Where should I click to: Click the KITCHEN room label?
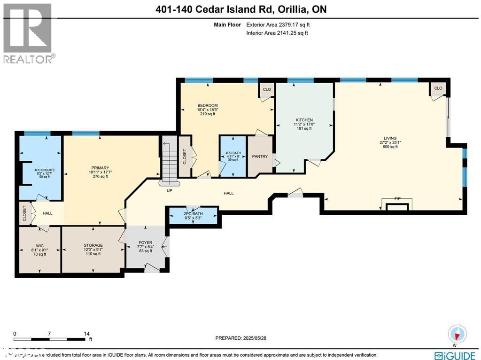pos(304,120)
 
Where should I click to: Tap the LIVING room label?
pos(390,138)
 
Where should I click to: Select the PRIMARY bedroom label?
pos(100,168)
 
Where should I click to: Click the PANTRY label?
pos(259,157)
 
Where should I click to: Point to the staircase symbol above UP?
pos(168,160)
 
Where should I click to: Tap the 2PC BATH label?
pos(194,214)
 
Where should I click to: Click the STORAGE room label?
pos(93,245)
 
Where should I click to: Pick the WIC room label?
pos(39,245)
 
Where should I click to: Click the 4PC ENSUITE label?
pos(39,169)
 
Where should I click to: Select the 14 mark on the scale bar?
pos(86,333)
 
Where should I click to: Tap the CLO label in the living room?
pos(438,88)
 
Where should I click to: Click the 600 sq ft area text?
pos(390,147)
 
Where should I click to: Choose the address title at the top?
pos(240,9)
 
